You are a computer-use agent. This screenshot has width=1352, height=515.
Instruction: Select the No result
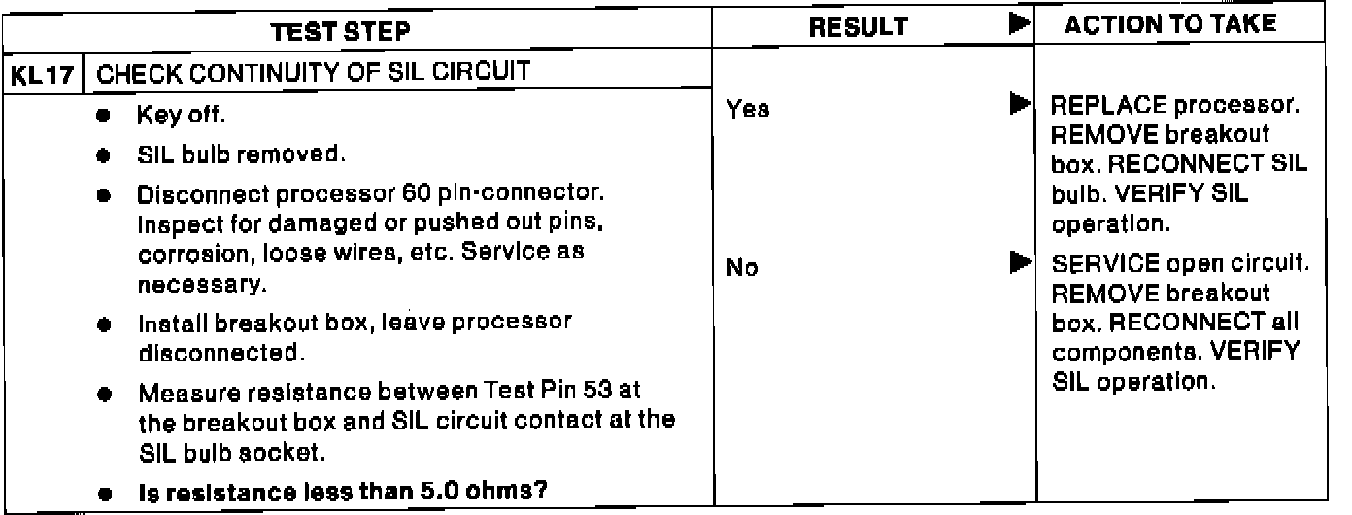click(742, 268)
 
